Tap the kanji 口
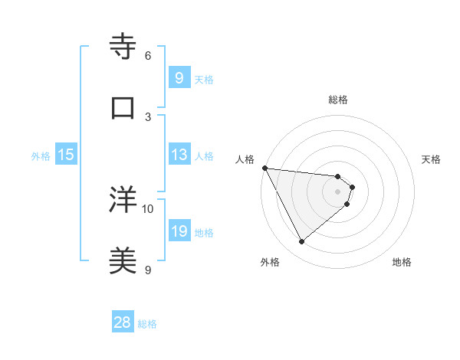pos(123,107)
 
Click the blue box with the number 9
pos(179,77)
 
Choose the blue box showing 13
pos(179,155)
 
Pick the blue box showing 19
pos(179,231)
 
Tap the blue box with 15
pos(66,155)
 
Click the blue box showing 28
pos(122,322)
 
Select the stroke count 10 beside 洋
pos(148,208)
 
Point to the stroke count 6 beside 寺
pos(148,55)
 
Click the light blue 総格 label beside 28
pos(147,324)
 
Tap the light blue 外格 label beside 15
pos(41,155)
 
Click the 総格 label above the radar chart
pos(337,100)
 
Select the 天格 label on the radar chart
pos(432,159)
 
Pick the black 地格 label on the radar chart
pos(402,263)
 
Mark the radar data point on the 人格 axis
pos(264,168)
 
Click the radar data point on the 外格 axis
pos(301,242)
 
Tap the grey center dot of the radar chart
pos(337,191)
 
